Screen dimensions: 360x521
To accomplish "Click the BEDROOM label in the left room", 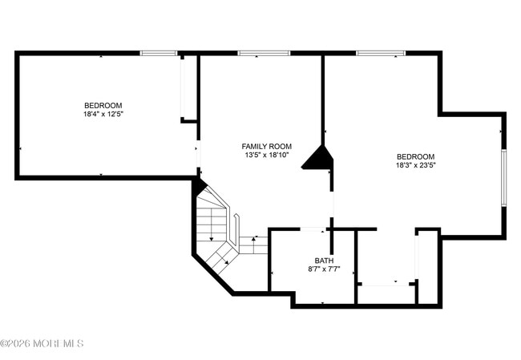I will pos(103,106).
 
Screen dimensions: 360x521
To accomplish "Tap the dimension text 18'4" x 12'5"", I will pos(103,115).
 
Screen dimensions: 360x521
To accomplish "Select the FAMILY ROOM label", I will pos(266,147).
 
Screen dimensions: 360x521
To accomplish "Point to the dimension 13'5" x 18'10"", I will pos(266,156).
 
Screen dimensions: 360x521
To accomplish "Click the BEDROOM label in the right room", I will pos(415,157).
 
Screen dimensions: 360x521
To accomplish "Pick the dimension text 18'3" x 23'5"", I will pos(415,166).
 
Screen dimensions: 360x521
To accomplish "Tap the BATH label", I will pos(324,261).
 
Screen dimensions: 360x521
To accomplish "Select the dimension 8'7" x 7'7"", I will pos(324,269).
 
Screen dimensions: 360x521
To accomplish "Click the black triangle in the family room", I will pos(319,158).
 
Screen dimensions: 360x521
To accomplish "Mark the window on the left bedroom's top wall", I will pos(158,54).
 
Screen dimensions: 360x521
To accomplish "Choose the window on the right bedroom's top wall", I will pos(381,54).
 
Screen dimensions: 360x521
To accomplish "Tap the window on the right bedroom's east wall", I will pos(503,176).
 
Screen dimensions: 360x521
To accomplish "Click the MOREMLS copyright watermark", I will pos(42,344).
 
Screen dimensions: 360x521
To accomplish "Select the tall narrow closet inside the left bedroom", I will pos(188,88).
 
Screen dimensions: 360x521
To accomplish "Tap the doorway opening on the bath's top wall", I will pos(312,230).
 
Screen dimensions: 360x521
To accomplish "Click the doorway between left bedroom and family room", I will pos(198,152).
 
